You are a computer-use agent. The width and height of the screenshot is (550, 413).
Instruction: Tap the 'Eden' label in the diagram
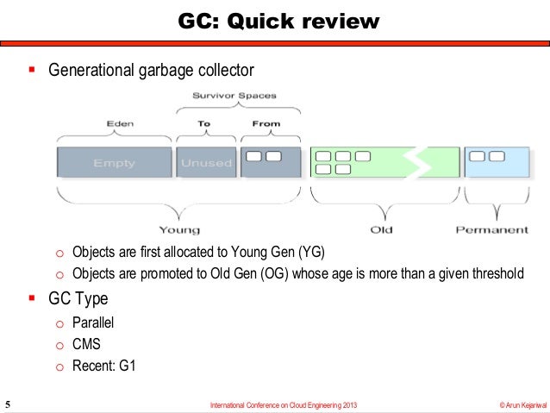(120, 123)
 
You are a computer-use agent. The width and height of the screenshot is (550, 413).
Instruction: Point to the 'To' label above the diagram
(204, 123)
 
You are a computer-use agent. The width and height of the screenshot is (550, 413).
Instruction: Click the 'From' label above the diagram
(266, 123)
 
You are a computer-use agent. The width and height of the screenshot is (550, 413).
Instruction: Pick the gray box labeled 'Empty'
(114, 163)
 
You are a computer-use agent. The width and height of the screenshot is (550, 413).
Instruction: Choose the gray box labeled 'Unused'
(206, 163)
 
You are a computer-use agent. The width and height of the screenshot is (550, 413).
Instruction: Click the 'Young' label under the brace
(179, 229)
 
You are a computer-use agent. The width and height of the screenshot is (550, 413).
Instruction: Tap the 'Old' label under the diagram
(381, 229)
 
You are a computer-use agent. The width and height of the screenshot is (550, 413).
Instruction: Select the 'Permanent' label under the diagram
(492, 229)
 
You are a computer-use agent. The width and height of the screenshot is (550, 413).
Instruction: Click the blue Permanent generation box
(497, 162)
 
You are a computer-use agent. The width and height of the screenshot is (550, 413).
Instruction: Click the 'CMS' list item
(86, 344)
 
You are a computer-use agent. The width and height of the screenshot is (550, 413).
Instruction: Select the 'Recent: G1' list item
(103, 365)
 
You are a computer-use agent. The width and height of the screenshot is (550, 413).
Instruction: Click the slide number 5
(8, 404)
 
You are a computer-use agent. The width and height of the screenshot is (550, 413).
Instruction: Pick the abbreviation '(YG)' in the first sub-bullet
(312, 252)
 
